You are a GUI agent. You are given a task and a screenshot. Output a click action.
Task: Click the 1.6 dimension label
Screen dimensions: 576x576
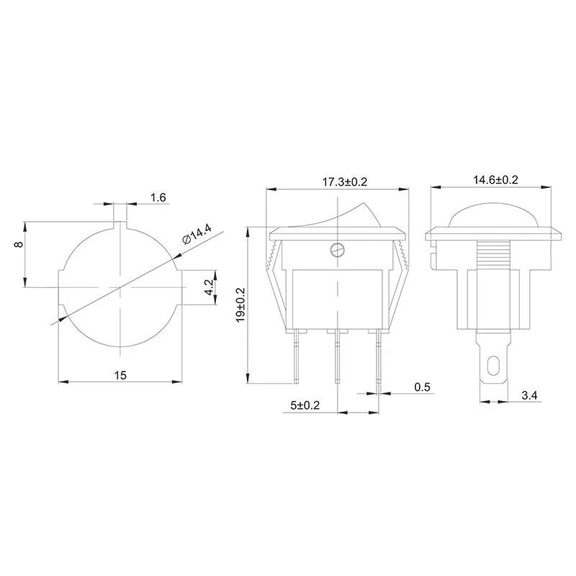pyautogui.click(x=158, y=197)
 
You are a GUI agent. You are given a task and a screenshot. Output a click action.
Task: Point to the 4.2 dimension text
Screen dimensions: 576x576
pyautogui.click(x=210, y=287)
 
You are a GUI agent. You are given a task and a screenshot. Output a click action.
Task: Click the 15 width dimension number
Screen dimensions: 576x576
pyautogui.click(x=120, y=375)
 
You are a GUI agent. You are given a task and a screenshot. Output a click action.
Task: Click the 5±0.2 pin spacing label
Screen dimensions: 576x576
pyautogui.click(x=305, y=406)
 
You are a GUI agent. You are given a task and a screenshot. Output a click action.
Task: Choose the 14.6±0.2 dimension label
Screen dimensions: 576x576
pyautogui.click(x=495, y=180)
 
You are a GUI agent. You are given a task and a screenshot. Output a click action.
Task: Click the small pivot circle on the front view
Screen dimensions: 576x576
pyautogui.click(x=336, y=250)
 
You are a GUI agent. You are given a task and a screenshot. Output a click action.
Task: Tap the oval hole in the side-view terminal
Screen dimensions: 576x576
pyautogui.click(x=494, y=366)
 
